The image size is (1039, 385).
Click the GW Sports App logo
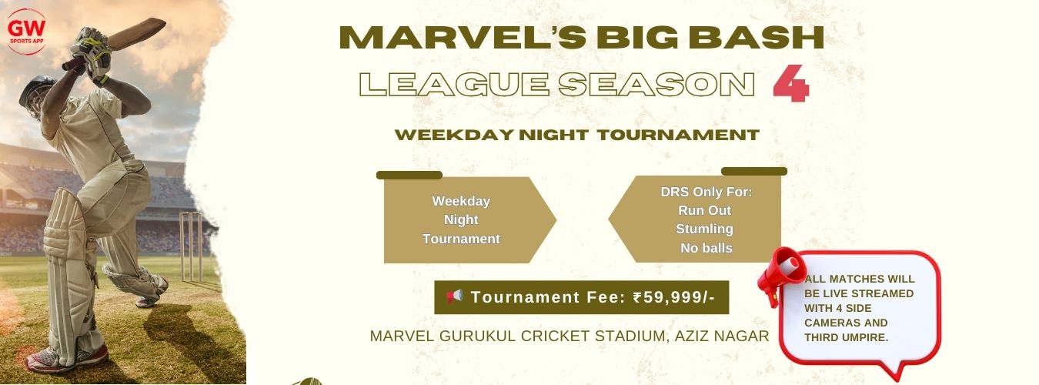point(26,32)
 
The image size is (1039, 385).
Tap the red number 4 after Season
point(791,83)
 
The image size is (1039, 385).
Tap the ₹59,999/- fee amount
point(674,297)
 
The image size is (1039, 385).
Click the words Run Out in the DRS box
point(704,210)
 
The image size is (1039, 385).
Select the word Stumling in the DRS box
point(704,229)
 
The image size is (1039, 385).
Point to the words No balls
point(707,248)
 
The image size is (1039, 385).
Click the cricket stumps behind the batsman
point(191,246)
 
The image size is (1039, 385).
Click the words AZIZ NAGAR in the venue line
point(722,336)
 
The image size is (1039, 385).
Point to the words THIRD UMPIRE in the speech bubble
point(846,338)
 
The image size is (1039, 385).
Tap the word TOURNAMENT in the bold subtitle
point(678,135)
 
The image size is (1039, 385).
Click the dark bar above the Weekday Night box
point(409,175)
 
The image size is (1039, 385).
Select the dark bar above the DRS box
point(754,171)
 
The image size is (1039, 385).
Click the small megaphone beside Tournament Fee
point(455,296)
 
